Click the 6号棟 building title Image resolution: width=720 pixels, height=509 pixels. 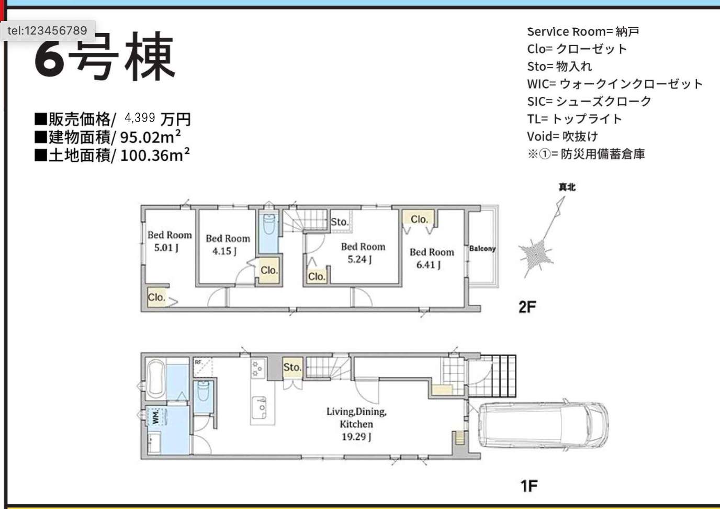tap(105, 57)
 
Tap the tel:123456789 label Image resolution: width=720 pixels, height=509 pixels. tap(47, 31)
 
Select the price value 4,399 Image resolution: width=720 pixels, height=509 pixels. tap(140, 118)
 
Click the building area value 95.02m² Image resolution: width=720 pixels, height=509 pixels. tap(150, 137)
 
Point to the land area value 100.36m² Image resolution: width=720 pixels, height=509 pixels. tap(155, 155)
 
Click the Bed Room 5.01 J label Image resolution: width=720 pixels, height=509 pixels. tap(170, 241)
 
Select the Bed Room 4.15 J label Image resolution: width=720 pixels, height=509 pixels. tap(228, 245)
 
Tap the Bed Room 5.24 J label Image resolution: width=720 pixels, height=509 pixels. tap(363, 253)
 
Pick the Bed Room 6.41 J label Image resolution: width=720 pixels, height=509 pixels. tap(432, 258)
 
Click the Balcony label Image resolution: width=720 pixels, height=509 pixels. tap(482, 248)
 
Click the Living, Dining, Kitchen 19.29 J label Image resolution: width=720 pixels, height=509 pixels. tap(356, 424)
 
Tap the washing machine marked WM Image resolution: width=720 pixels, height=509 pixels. tap(156, 416)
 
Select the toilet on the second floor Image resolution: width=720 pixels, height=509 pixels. tap(269, 224)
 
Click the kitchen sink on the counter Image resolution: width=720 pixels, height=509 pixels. tap(259, 407)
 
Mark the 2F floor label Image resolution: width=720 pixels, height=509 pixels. tap(527, 307)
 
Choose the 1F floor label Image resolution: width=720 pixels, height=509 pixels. tap(528, 486)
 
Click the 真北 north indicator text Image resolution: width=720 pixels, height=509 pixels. tap(567, 187)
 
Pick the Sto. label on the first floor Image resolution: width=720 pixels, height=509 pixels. tap(292, 367)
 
